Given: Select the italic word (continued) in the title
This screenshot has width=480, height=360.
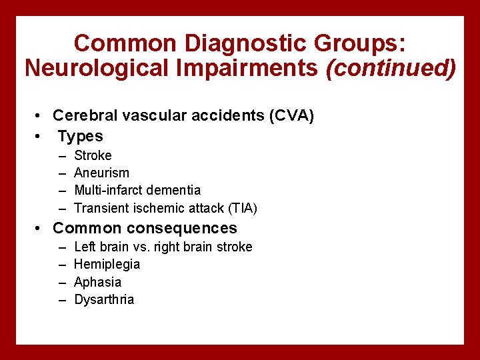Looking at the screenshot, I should pyautogui.click(x=391, y=68).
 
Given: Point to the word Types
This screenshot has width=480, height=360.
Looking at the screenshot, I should pyautogui.click(x=80, y=136).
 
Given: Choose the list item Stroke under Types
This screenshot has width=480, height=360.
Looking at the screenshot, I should pyautogui.click(x=93, y=155).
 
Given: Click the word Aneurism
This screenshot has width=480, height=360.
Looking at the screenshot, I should pyautogui.click(x=101, y=173).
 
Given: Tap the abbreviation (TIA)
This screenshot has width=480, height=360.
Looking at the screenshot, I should pyautogui.click(x=242, y=208).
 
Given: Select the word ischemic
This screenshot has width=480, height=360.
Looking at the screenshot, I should pyautogui.click(x=157, y=208).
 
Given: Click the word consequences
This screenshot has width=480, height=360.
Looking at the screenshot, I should pyautogui.click(x=179, y=229).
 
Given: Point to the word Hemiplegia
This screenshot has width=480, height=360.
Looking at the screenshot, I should pyautogui.click(x=107, y=264).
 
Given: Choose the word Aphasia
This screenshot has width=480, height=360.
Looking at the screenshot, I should pyautogui.click(x=97, y=282).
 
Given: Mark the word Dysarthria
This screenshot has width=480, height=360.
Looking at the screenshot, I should pyautogui.click(x=104, y=299).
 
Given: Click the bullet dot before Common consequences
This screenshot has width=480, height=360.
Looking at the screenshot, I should pyautogui.click(x=40, y=229).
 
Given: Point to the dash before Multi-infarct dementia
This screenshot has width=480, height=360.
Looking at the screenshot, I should pyautogui.click(x=62, y=191).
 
